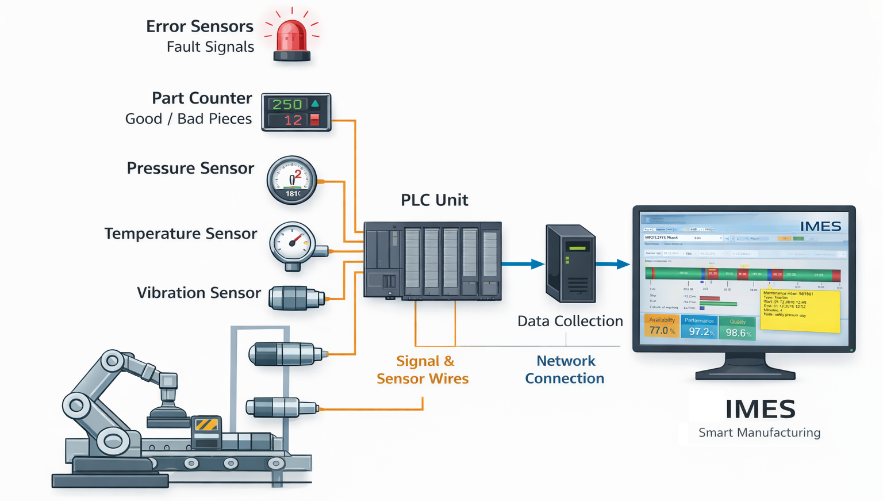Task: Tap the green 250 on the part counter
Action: (x=287, y=104)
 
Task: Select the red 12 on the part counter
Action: (x=293, y=120)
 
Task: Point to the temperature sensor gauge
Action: (x=293, y=243)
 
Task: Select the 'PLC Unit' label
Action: (x=434, y=200)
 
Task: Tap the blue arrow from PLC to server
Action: (x=523, y=264)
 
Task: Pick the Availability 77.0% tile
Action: (x=662, y=326)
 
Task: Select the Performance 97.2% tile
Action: (x=700, y=327)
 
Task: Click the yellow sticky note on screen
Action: (x=800, y=310)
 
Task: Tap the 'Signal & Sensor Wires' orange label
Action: (x=423, y=370)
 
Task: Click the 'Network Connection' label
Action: (x=565, y=370)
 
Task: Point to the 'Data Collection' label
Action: (x=570, y=321)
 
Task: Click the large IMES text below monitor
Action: (x=760, y=410)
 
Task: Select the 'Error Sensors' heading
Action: (x=199, y=26)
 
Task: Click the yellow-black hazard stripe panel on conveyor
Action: (x=206, y=425)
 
